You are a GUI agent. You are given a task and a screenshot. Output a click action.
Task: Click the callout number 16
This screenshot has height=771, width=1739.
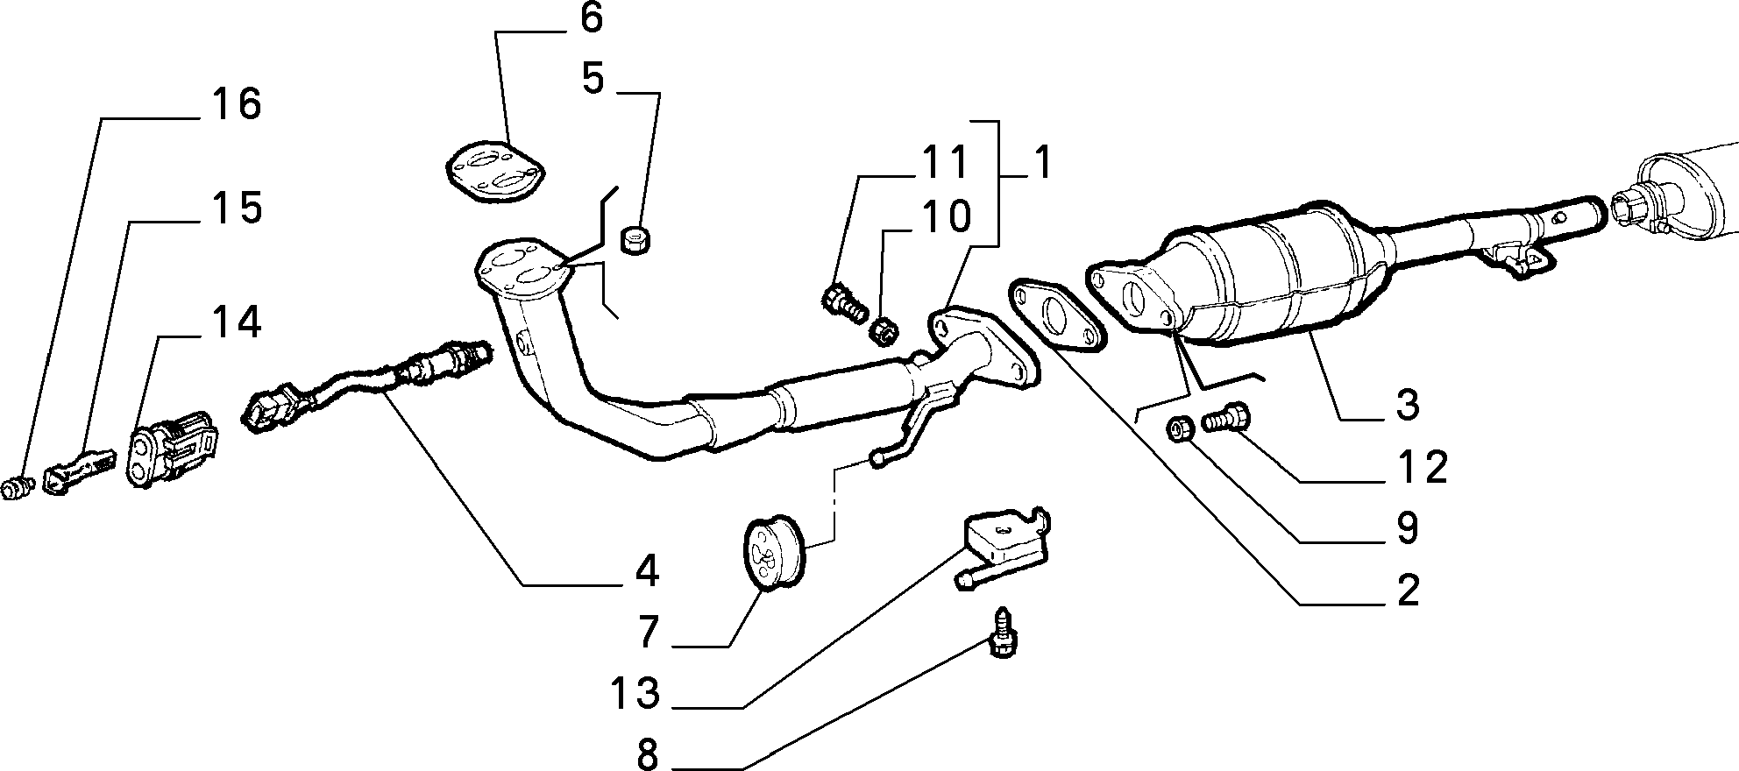tap(236, 106)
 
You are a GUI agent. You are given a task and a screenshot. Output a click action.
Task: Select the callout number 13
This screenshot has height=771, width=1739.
tap(636, 695)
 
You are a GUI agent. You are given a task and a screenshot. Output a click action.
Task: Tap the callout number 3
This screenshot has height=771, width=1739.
tap(1407, 405)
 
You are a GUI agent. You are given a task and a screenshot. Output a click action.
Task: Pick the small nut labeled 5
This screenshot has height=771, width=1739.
tap(635, 238)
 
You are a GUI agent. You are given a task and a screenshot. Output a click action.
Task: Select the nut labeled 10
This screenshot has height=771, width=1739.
tap(884, 330)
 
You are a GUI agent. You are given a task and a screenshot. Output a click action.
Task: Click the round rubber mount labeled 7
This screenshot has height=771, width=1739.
tap(773, 555)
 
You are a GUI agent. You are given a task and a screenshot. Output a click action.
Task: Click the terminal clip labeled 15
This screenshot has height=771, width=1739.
tap(77, 469)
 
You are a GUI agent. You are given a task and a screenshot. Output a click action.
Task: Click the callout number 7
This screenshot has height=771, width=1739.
tap(647, 632)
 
